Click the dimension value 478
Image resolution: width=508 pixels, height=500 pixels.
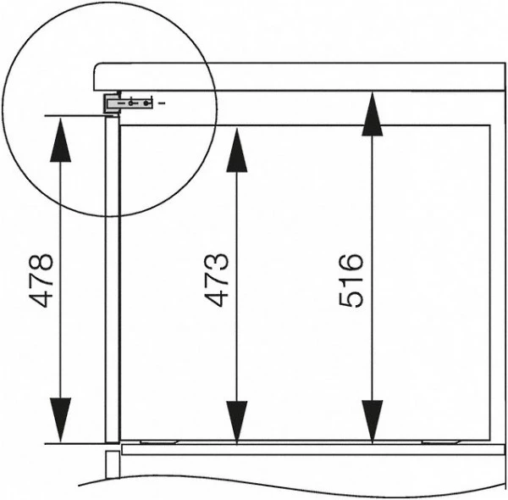pos(41,281)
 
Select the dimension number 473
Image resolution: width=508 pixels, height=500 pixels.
pos(217,281)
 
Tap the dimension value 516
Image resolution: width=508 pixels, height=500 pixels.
pos(351,281)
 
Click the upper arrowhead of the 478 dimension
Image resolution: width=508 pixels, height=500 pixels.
pos(61,140)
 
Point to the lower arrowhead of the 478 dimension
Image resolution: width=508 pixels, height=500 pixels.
pos(61,419)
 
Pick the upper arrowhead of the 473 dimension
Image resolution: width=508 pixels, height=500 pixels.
pos(237,150)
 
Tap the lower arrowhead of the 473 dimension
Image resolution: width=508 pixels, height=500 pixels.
pos(237,422)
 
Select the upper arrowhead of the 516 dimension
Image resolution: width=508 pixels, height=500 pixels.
pos(373,114)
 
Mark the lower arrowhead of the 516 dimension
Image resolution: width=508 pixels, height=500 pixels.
pos(373,421)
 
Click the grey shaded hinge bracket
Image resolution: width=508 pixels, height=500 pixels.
pos(129,103)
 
